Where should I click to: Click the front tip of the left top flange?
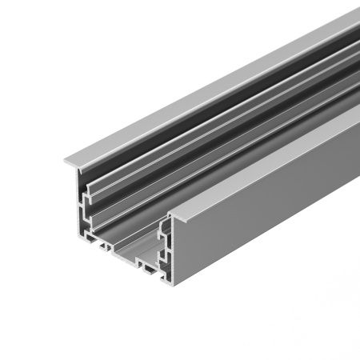pos(66,165)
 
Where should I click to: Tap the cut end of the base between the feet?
pos(126,258)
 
